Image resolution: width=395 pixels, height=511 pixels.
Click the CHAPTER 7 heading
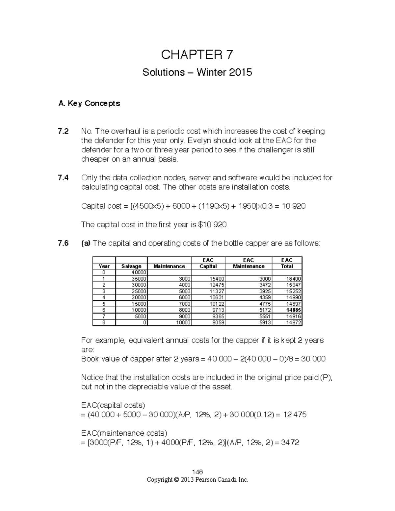click(197, 55)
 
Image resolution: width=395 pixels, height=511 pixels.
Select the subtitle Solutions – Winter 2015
click(197, 72)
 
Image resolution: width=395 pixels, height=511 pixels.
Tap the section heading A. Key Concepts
click(89, 103)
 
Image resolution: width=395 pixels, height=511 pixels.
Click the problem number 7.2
click(63, 131)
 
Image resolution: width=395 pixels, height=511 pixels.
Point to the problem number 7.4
click(63, 178)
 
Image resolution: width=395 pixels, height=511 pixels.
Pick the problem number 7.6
click(63, 243)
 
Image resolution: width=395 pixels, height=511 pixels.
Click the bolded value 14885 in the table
click(294, 310)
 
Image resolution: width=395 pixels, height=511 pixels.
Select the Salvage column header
click(131, 266)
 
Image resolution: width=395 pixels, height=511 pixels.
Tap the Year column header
click(104, 266)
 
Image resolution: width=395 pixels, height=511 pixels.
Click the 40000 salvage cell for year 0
click(139, 272)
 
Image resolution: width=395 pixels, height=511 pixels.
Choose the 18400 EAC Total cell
click(294, 279)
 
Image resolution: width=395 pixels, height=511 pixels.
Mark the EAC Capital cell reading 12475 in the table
click(218, 285)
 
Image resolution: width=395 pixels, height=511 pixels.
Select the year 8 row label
click(104, 322)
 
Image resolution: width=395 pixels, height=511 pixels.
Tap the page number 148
click(197, 472)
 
